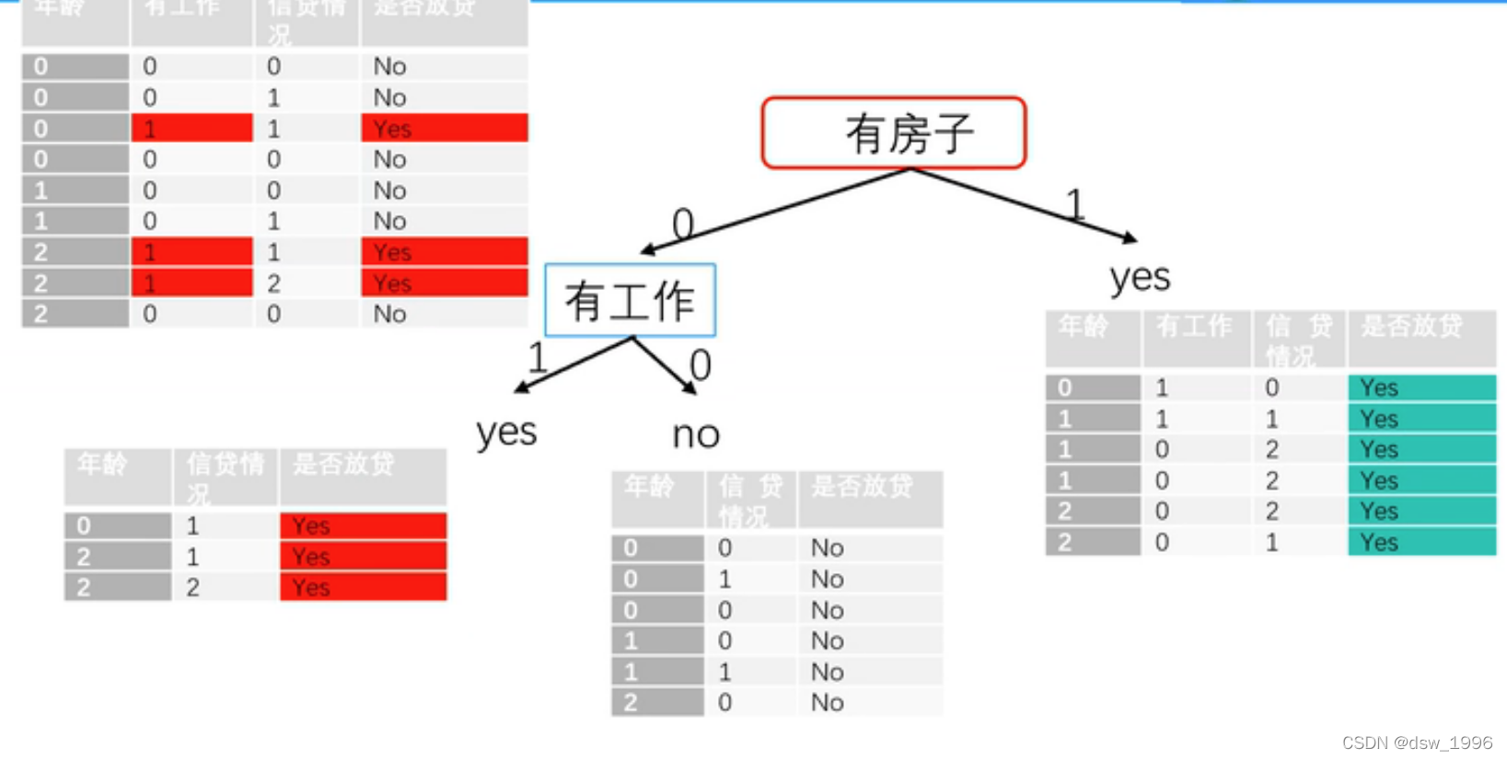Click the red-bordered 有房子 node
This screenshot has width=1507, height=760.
893,133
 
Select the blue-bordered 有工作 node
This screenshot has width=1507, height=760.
630,301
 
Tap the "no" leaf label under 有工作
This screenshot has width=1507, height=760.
696,434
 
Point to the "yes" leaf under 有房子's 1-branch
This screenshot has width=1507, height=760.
1140,276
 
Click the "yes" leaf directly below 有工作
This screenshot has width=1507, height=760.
506,431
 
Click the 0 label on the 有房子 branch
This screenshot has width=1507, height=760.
682,224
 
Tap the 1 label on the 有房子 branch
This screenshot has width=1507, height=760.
1074,203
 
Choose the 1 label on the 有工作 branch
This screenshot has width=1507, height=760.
538,357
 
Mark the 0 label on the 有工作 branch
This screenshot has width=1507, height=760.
701,365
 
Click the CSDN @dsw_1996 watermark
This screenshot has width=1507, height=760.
1417,743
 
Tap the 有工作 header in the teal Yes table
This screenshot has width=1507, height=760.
1194,327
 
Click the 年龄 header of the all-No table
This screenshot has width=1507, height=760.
649,487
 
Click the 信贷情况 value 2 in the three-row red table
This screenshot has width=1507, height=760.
192,587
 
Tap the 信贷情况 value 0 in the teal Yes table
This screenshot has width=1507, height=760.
1271,387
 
